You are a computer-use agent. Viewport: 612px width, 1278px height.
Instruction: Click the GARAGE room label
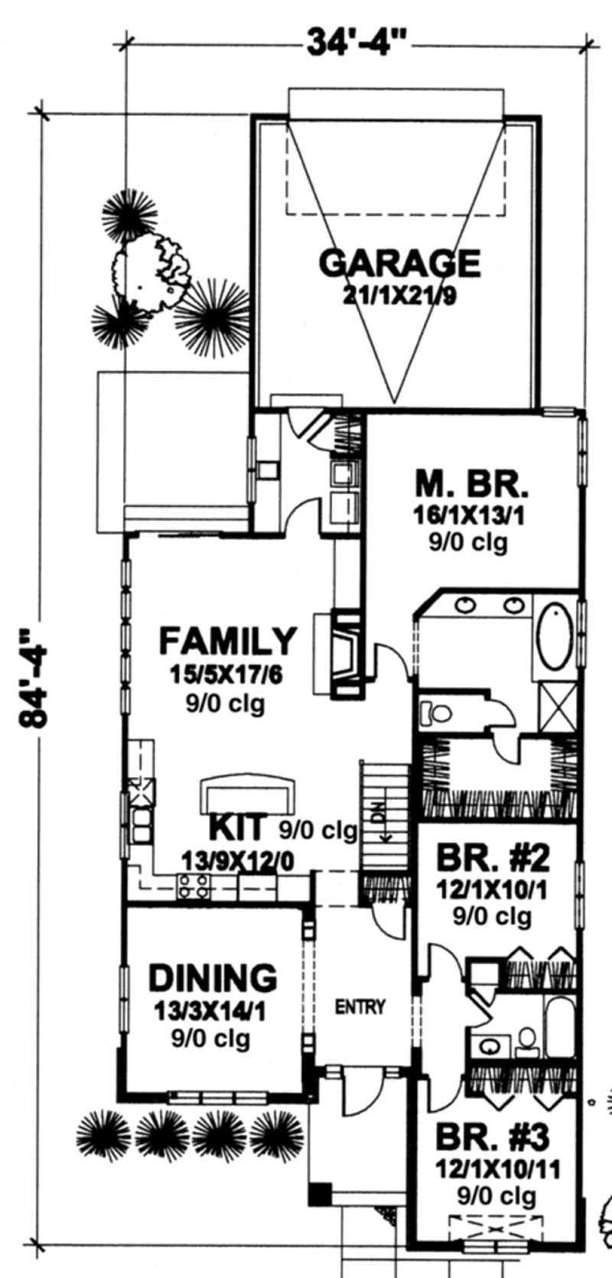coord(399,263)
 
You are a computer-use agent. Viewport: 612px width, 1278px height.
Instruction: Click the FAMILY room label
coord(226,641)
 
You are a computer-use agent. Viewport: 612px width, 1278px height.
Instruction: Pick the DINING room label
coord(212,978)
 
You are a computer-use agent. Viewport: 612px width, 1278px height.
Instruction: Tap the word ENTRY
coord(360,1007)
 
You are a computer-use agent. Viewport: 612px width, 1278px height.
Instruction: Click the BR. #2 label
coord(493,859)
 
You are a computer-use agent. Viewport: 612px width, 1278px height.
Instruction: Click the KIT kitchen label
coord(238,828)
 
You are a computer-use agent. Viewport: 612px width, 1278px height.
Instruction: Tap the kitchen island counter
coord(246,795)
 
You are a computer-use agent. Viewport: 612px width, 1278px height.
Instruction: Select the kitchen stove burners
coord(194,886)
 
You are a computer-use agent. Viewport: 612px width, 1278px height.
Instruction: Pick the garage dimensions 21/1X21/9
coord(399,296)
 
